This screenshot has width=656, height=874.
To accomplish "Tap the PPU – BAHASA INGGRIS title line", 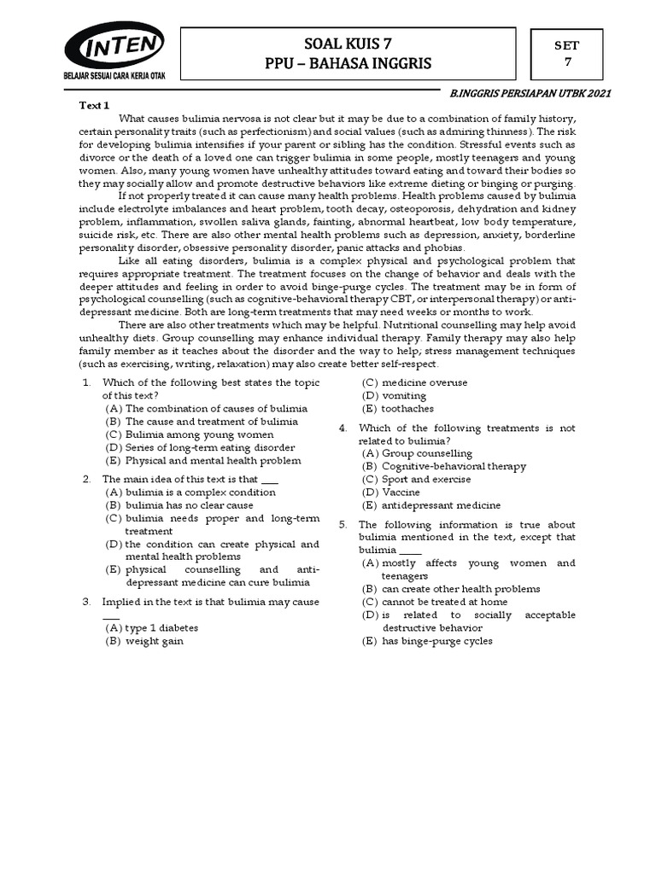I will pos(348,64).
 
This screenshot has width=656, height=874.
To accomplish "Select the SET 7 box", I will pos(567,53).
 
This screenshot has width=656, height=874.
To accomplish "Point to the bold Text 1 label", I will pos(94,105).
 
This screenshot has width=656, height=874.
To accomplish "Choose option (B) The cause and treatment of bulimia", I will pos(202,422).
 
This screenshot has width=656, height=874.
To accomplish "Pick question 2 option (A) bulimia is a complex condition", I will pos(190,492).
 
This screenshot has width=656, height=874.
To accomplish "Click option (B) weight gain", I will pos(143,640).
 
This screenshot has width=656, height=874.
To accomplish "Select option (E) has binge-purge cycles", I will pos(427,641).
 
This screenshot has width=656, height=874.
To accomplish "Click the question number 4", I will pos(343,428).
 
